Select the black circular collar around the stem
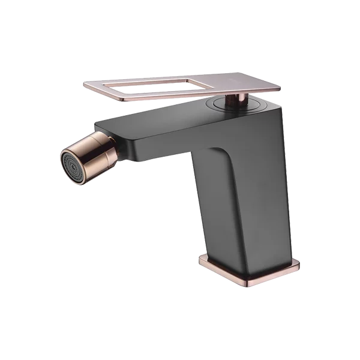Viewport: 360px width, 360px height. pyautogui.click(x=223, y=106)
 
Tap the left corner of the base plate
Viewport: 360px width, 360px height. pyautogui.click(x=200, y=260)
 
